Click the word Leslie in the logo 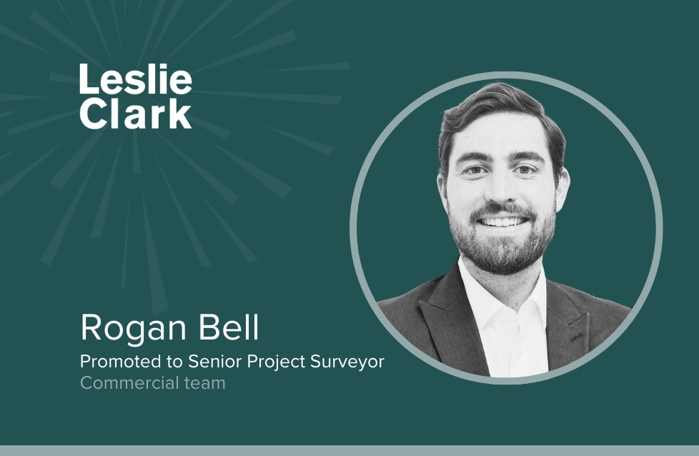[136, 79]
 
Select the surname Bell [228, 327]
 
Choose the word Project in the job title [277, 362]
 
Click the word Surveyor [347, 362]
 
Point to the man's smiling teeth [502, 222]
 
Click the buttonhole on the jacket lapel [575, 337]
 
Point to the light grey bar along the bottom [349, 450]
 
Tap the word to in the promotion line [175, 362]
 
